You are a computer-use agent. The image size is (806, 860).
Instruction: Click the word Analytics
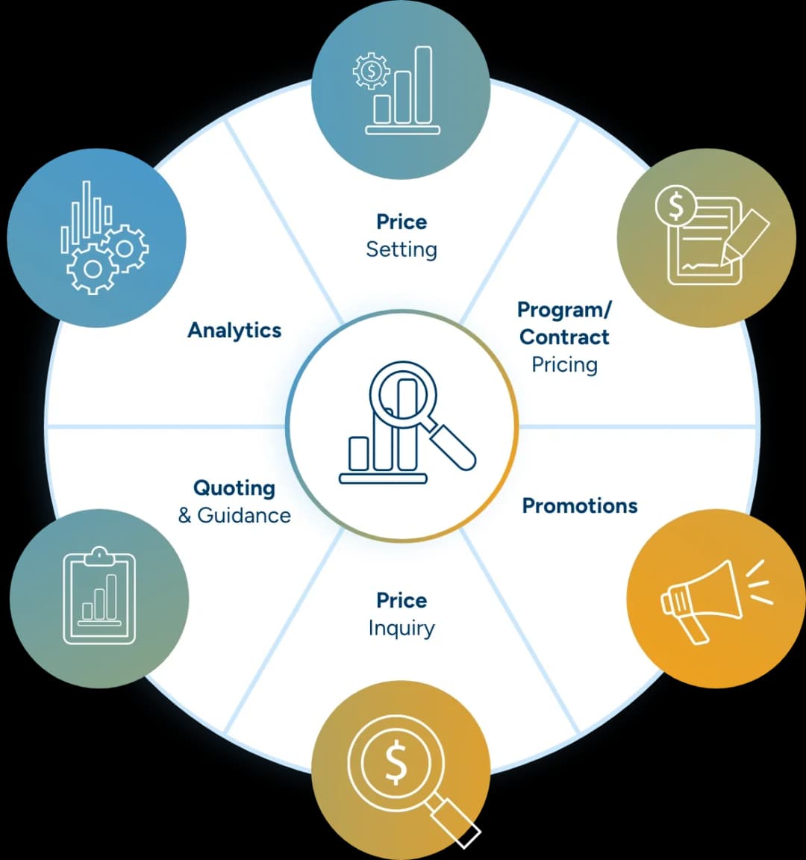coord(234,330)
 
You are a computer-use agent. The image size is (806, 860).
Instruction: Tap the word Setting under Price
coord(402,249)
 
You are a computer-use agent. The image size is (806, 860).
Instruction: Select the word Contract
coord(564,337)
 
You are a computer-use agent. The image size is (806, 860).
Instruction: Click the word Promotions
coord(580,505)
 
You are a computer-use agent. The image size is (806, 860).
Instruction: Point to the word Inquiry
coord(402,628)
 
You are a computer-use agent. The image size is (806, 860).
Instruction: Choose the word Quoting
coord(234,488)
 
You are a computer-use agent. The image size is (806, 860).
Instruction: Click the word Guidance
coord(244,515)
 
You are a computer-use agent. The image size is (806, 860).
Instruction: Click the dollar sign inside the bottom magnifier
coord(396,763)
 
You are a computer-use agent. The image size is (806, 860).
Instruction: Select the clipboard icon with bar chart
coord(99,597)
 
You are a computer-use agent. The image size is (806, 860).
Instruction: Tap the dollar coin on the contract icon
coord(675,206)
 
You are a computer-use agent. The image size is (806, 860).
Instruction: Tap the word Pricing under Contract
coord(564,364)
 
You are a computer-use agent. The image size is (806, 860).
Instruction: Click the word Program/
coord(564,309)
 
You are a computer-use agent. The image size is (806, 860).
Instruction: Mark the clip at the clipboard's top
coord(99,555)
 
